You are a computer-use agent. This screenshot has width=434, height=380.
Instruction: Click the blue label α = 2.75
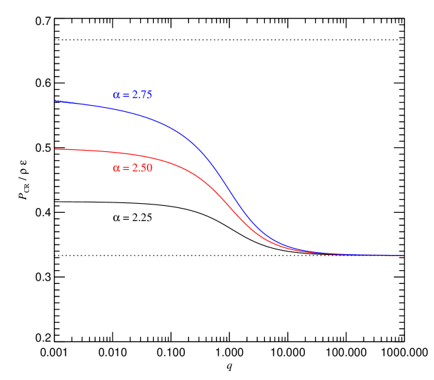point(132,95)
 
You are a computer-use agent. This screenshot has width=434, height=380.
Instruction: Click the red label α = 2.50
point(132,168)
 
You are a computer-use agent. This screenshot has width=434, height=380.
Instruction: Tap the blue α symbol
point(116,95)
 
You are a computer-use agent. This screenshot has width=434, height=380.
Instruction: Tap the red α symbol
point(116,168)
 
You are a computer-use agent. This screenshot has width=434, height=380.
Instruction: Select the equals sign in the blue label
point(126,95)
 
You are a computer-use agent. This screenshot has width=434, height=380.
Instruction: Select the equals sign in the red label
point(126,168)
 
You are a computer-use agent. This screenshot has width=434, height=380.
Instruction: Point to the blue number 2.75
point(141,95)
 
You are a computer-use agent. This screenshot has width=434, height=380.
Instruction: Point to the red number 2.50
point(141,168)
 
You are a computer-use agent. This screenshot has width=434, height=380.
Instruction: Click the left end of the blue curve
point(56,101)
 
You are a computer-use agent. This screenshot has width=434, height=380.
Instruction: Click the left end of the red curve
point(56,149)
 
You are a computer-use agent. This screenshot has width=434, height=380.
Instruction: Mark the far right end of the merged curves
point(403,256)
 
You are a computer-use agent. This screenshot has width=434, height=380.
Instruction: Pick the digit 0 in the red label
point(149,168)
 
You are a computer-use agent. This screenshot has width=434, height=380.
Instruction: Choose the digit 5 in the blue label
point(148,95)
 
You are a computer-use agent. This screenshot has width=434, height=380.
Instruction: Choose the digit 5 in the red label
point(144,168)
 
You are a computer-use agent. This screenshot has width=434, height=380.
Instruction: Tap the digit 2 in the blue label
point(135,95)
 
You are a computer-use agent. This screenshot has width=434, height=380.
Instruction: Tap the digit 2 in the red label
point(135,168)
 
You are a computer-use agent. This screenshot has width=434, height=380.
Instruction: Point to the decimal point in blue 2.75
point(139,98)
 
